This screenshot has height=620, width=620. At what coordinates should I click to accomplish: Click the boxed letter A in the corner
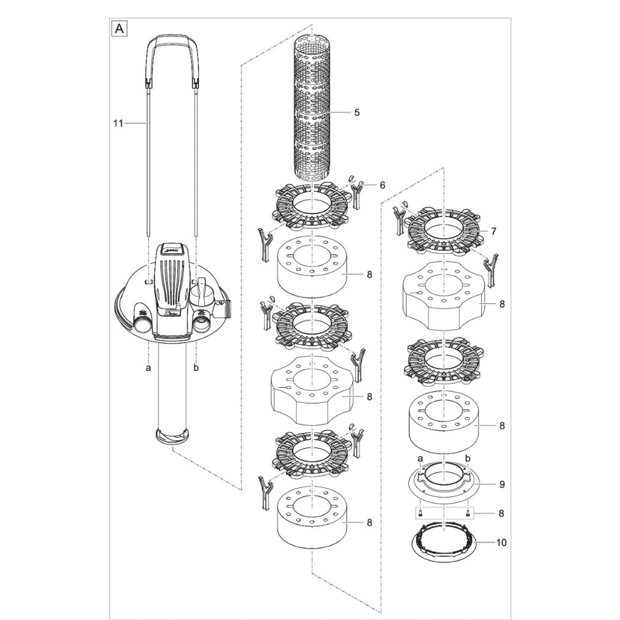117,28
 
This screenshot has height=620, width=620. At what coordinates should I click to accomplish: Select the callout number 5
357,113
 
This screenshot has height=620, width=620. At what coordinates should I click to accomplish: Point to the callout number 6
382,185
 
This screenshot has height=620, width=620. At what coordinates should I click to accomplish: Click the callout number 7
494,231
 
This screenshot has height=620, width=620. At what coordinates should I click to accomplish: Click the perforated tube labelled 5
312,113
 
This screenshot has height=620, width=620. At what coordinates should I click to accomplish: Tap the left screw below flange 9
421,514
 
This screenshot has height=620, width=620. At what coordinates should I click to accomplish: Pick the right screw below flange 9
468,514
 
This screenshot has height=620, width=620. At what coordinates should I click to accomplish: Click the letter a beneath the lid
148,368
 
